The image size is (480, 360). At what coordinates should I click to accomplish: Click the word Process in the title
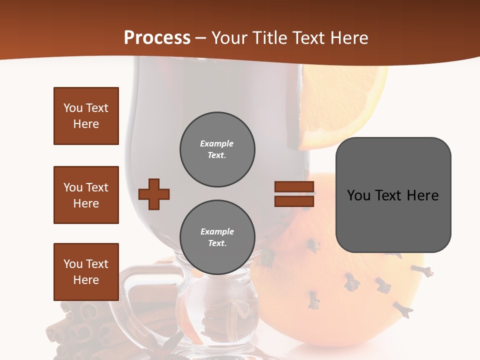[x=157, y=38]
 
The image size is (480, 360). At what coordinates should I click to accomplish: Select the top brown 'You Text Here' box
[x=86, y=116]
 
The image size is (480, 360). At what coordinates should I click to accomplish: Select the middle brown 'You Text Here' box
[x=86, y=195]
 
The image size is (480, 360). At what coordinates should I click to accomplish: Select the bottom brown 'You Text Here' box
[x=86, y=272]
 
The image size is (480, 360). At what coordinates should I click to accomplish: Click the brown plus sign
[x=154, y=194]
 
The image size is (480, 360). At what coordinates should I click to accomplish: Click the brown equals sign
[x=294, y=194]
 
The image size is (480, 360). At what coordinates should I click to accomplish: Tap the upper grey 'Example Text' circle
[x=217, y=149]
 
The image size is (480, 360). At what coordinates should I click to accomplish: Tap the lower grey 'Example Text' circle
[x=217, y=237]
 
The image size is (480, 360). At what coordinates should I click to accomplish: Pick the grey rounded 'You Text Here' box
[x=393, y=195]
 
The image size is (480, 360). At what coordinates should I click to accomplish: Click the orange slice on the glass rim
[x=340, y=105]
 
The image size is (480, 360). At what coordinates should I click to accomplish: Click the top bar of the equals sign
[x=294, y=187]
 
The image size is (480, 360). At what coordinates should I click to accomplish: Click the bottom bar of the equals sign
[x=294, y=201]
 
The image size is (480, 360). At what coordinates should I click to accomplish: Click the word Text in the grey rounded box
[x=392, y=195]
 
